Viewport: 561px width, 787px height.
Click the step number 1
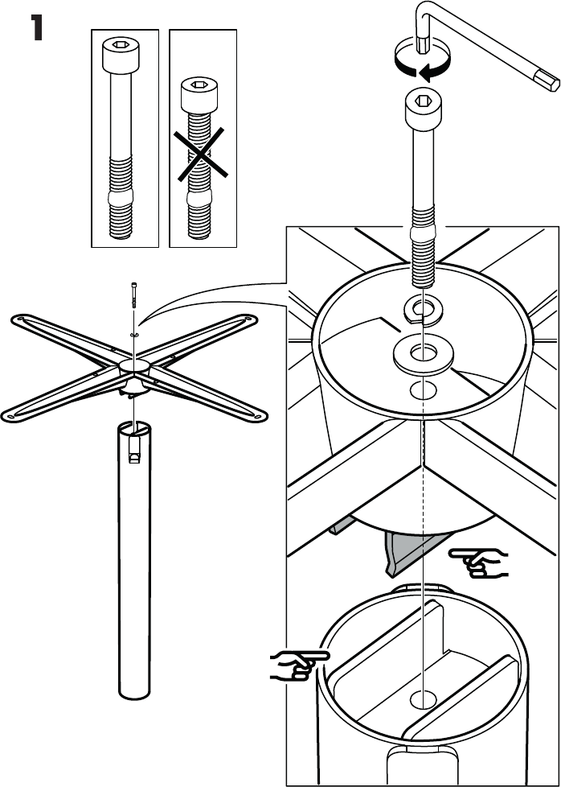pos(37,27)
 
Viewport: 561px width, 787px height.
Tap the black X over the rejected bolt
pos(201,154)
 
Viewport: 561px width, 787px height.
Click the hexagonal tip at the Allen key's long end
pos(546,80)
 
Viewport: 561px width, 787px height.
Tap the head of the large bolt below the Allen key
pos(423,109)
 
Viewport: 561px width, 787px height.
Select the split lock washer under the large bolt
pos(423,310)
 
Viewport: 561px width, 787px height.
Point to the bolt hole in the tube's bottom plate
pos(423,698)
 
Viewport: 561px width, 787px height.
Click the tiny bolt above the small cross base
pos(134,295)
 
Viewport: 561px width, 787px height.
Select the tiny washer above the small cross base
pos(134,333)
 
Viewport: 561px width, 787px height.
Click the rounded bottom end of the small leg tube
pos(134,693)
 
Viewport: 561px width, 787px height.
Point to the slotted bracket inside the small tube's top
pos(134,448)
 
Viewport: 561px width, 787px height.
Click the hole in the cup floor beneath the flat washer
pos(423,390)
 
